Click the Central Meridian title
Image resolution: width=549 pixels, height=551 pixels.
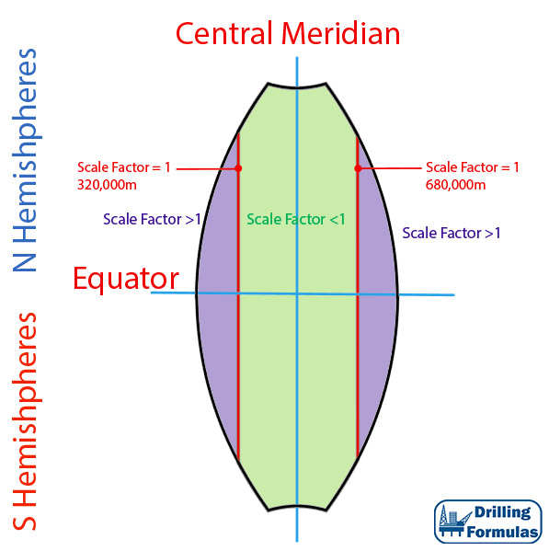click(288, 33)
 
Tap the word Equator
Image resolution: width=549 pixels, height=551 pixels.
click(126, 279)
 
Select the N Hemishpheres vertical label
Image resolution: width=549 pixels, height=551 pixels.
click(26, 160)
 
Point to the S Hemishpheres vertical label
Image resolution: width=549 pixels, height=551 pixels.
click(26, 421)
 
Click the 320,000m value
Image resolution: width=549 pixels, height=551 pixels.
click(107, 185)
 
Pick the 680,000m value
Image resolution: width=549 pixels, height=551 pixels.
click(455, 185)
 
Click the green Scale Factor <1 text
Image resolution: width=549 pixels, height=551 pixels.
click(296, 219)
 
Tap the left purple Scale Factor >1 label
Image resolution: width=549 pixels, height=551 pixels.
click(152, 219)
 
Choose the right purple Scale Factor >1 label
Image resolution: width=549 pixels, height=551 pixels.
click(451, 233)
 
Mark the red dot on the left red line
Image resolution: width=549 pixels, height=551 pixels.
click(238, 168)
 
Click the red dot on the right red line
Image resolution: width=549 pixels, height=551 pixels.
click(358, 168)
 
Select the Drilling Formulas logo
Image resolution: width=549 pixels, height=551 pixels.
click(488, 522)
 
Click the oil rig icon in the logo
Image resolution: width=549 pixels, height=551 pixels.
click(454, 522)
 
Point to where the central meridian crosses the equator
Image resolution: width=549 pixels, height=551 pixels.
click(297, 294)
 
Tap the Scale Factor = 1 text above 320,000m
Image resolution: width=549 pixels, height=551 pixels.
click(123, 167)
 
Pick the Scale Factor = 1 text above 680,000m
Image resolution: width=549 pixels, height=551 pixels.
click(473, 167)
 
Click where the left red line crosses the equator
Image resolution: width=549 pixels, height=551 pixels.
click(238, 293)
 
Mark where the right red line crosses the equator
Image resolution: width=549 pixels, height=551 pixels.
click(358, 294)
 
